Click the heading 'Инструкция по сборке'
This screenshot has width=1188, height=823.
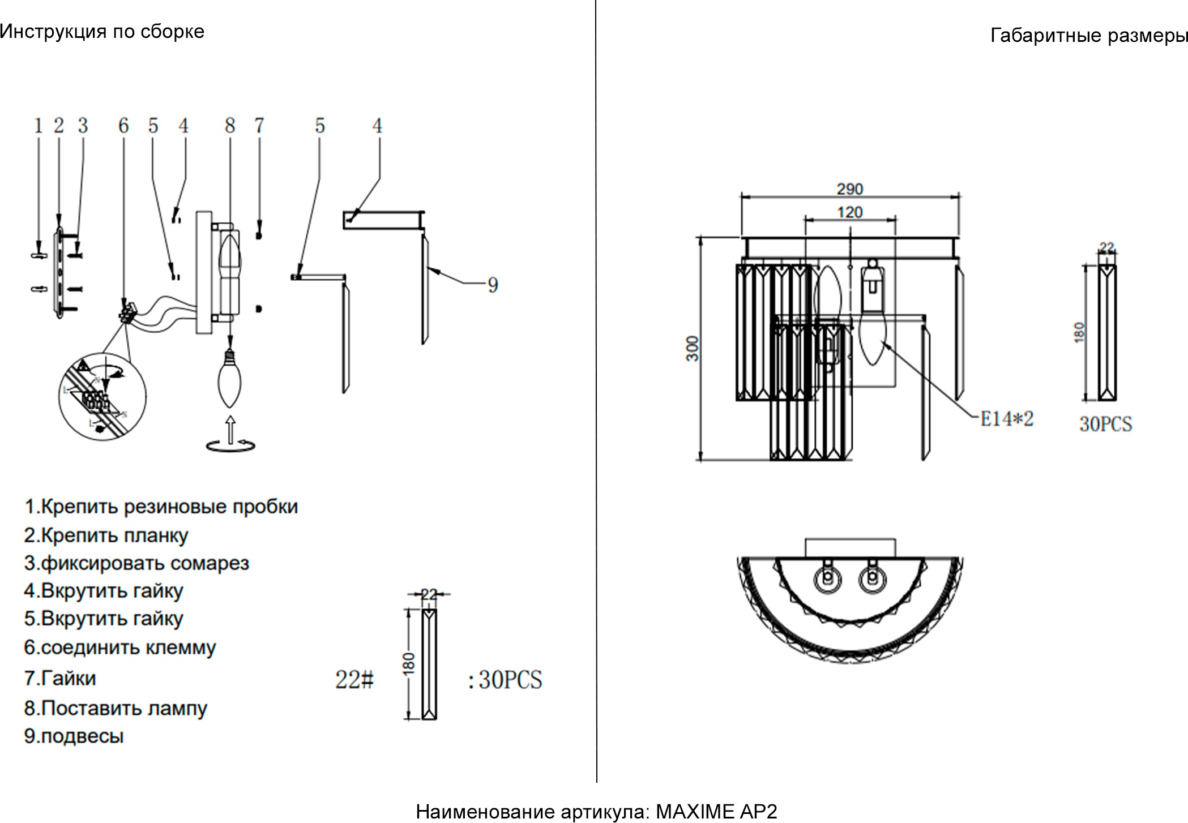point(102,32)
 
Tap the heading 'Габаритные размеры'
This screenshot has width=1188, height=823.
point(1088,36)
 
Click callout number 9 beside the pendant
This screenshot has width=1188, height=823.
point(493,285)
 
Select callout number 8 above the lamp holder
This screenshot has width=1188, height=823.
point(230,125)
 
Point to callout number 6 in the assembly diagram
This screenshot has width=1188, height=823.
point(123,125)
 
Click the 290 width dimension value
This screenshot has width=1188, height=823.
point(850,189)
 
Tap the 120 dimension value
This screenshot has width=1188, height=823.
point(850,212)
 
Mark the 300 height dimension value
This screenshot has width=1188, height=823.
point(693,348)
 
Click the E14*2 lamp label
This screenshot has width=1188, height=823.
point(1007,419)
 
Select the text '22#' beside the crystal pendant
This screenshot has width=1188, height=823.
point(354,679)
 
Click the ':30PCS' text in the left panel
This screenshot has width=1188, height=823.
point(505,680)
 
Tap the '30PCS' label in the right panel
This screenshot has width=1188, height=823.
point(1105,424)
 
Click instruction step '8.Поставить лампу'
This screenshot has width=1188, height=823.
point(116,708)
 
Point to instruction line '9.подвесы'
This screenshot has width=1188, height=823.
point(74,736)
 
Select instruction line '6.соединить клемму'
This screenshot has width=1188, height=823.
point(120,648)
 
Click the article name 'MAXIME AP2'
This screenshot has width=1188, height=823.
point(716,812)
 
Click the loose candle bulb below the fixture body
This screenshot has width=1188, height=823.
point(229,380)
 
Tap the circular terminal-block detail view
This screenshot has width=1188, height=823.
point(102,397)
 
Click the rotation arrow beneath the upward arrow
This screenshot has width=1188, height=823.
point(230,447)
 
